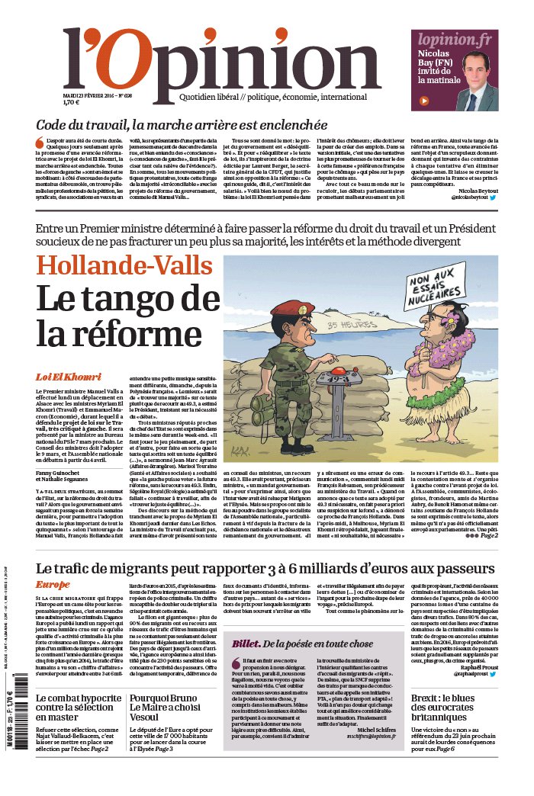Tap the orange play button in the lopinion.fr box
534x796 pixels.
[x=425, y=100]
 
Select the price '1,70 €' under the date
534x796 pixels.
[x=71, y=101]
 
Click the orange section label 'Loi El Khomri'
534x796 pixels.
[x=68, y=377]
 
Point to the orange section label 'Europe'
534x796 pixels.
[x=52, y=584]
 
